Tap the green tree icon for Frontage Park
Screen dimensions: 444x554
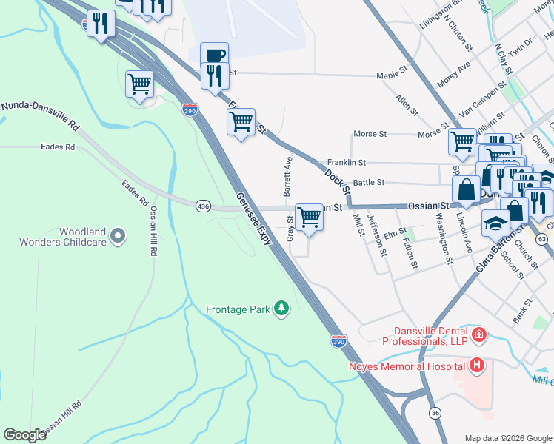pos(281,308)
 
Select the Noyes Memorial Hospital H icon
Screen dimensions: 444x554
pos(477,365)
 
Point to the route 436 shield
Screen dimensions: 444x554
pos(202,205)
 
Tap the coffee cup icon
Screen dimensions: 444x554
pos(214,55)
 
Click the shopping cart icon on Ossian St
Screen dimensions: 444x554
pos(309,217)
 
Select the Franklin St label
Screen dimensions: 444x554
pos(347,162)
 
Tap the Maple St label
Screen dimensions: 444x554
pos(392,75)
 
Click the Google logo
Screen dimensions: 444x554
pos(25,435)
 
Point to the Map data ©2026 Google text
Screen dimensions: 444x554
pos(507,438)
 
